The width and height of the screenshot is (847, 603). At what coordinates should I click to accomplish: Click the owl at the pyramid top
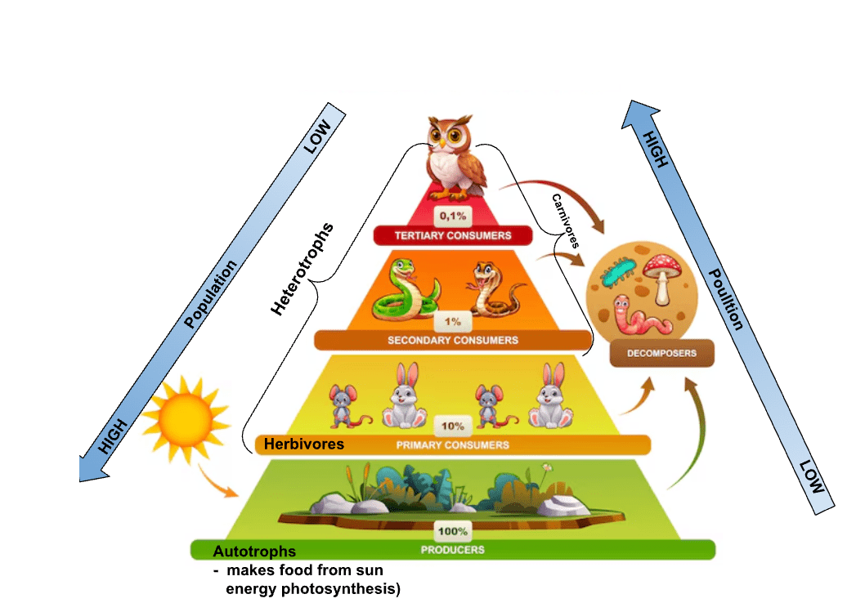click(x=455, y=157)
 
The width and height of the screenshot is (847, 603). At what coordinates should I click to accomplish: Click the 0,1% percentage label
click(x=453, y=216)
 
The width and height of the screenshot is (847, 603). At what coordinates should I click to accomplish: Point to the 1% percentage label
click(x=453, y=322)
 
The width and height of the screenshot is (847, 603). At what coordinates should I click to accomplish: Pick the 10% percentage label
click(x=453, y=426)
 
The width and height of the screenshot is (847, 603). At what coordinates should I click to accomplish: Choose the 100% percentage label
click(x=453, y=531)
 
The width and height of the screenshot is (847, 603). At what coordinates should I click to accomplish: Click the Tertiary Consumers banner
click(x=453, y=235)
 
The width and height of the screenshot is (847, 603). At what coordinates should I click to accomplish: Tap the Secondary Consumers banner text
click(x=453, y=340)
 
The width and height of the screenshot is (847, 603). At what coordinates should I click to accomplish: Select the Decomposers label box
click(x=661, y=353)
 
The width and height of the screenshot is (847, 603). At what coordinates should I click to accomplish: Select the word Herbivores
click(x=304, y=444)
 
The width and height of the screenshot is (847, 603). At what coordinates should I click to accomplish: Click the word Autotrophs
click(x=254, y=552)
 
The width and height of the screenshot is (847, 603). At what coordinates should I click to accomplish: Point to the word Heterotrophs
click(x=302, y=269)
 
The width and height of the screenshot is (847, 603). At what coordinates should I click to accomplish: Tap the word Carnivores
click(x=566, y=221)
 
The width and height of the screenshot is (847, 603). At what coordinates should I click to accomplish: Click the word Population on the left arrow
click(x=210, y=294)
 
